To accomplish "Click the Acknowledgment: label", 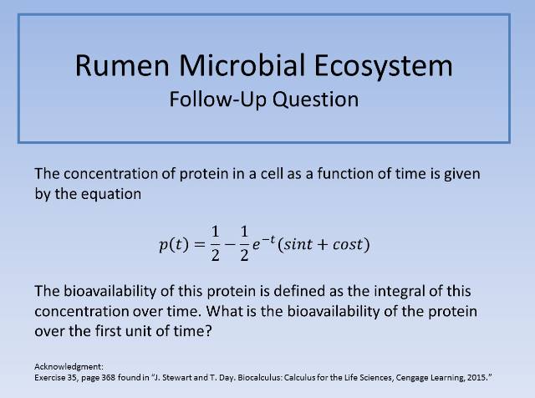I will coord(69,367).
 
